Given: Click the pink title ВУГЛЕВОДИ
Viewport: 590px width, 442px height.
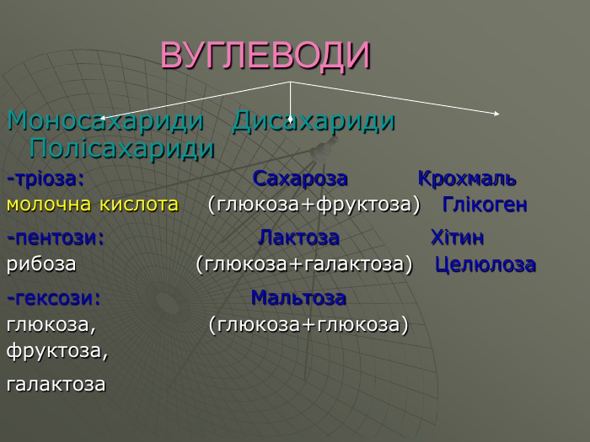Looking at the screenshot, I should tap(265, 56).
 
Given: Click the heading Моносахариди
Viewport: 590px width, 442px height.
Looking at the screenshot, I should tap(105, 121).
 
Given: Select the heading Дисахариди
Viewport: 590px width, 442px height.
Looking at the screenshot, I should tap(314, 121).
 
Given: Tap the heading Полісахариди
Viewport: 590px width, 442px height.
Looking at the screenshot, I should tap(121, 149).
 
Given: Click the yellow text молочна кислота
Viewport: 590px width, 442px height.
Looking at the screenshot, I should tap(93, 205).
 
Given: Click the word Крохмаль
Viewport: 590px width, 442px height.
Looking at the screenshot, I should tap(467, 180).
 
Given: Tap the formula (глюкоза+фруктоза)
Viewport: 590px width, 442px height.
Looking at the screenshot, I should tap(314, 205).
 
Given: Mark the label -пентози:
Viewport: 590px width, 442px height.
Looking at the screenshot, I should tap(56, 237).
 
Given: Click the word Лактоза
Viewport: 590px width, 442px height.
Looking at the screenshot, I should tap(298, 237).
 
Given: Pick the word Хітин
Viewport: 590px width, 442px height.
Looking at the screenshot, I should tap(457, 237).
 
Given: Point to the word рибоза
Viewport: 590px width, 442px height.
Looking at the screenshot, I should tap(41, 264).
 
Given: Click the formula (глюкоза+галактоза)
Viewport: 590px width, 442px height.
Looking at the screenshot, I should tap(304, 264).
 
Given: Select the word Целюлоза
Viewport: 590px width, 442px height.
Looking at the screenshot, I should tap(485, 264).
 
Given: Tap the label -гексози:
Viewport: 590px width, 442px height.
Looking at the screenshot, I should tap(54, 298).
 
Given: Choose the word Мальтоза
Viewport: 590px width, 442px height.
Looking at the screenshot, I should tap(298, 298).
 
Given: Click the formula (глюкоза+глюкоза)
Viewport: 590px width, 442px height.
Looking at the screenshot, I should tap(308, 323).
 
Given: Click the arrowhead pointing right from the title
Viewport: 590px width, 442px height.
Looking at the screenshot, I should tap(496, 113).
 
